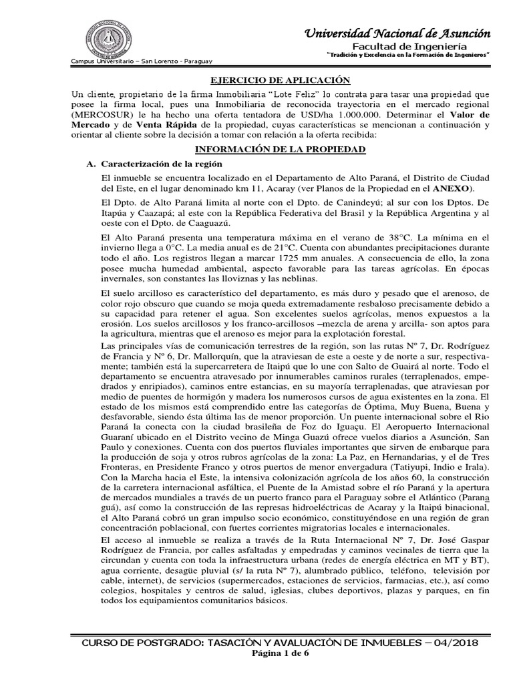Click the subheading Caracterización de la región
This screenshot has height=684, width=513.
pos(162,164)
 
